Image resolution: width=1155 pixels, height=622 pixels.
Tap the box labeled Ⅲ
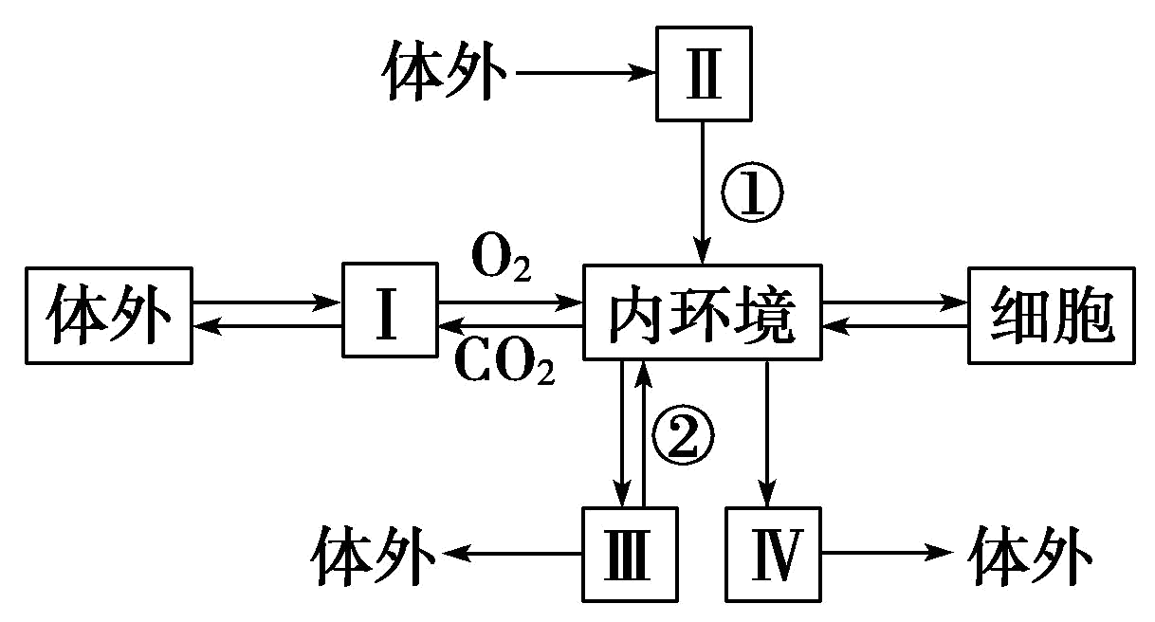(630, 555)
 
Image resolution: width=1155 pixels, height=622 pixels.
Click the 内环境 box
(703, 313)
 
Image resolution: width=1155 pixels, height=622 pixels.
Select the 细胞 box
(1051, 314)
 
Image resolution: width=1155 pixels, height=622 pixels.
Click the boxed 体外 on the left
(110, 314)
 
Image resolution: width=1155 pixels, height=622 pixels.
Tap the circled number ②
(680, 437)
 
